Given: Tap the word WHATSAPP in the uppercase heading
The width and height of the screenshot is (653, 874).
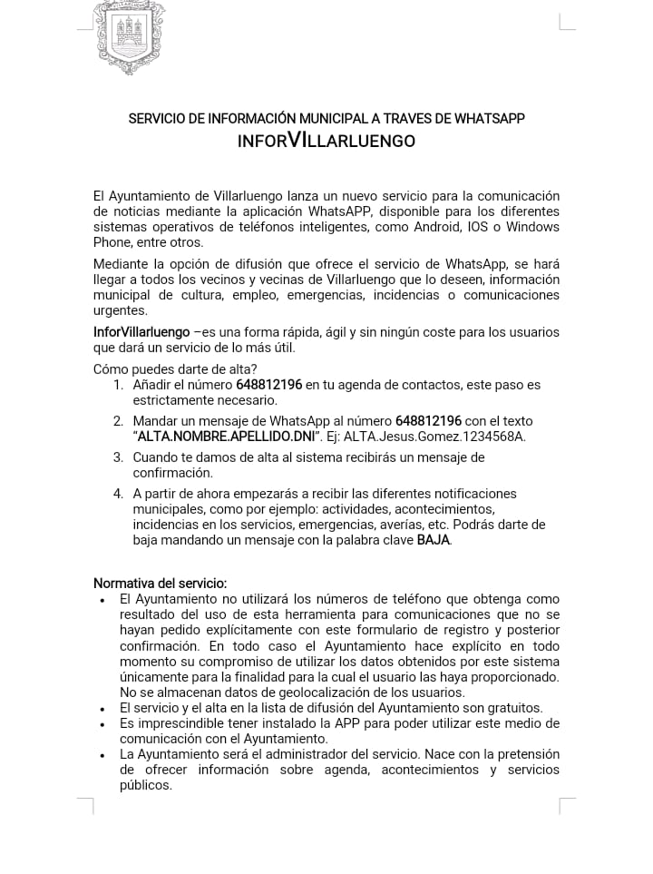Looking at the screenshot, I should point(489,118).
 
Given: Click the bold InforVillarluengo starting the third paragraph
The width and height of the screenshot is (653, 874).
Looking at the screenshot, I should point(141,332).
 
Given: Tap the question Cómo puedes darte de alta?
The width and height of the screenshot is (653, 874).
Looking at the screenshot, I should point(175,368).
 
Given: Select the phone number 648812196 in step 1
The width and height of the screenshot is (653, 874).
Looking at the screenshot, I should point(268,385).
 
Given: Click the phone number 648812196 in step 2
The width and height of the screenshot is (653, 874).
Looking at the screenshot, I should point(428,421).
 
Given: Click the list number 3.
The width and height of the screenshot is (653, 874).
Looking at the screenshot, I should point(118,457).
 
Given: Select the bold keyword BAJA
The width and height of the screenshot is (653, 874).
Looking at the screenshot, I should point(433,540).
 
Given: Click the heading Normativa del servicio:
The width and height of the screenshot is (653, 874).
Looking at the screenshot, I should point(160,583).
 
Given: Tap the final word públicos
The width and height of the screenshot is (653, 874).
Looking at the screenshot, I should point(145,785).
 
